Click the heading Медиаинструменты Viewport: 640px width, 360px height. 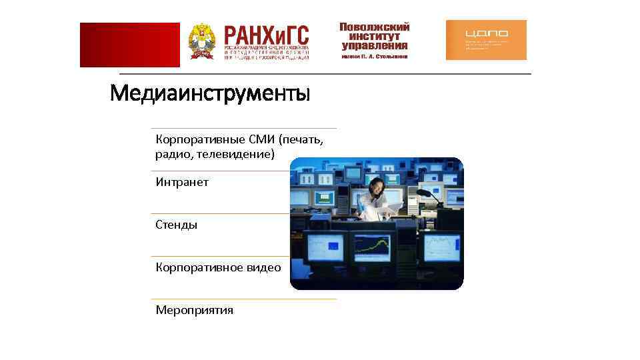210,93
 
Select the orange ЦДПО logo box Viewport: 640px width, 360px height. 486,40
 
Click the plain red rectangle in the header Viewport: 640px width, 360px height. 129,45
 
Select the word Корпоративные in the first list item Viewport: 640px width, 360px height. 191,139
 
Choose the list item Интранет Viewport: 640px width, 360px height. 182,182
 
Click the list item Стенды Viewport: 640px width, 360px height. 177,225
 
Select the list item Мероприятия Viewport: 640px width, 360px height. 195,310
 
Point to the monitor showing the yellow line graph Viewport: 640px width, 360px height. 371,247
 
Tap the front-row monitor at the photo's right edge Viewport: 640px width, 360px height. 443,248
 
